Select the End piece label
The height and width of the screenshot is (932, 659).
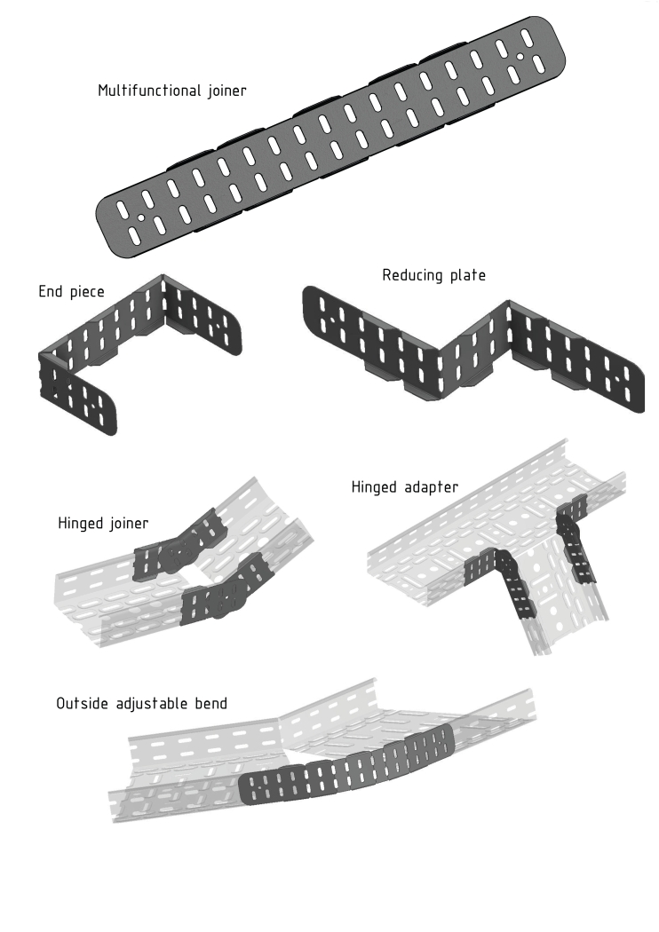(71, 290)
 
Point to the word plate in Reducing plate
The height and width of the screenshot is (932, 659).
(467, 275)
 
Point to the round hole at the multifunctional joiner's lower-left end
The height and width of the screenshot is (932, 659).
(140, 216)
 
